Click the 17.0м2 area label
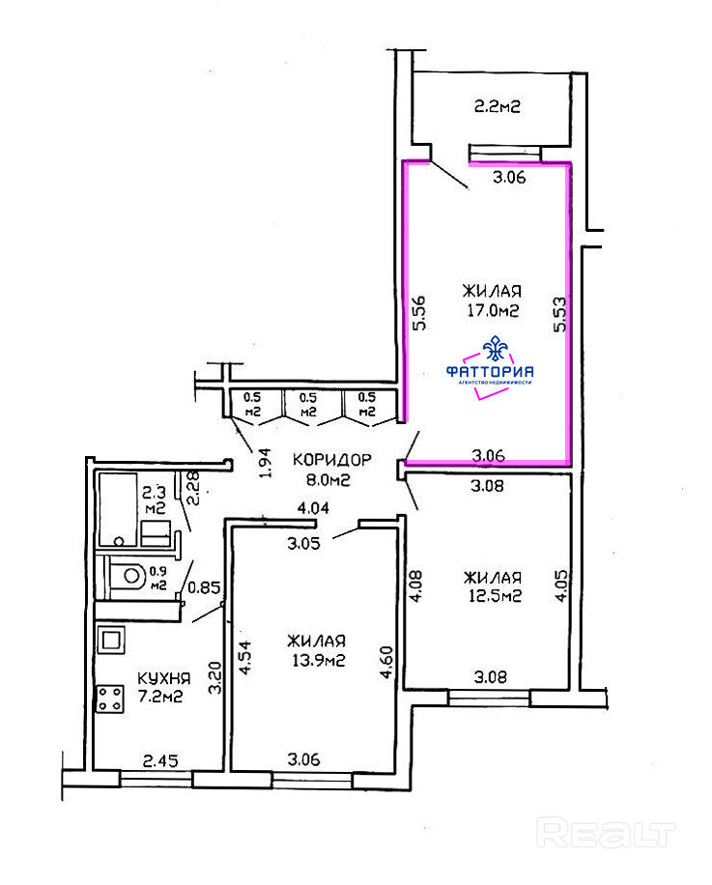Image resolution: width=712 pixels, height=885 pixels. click(493, 310)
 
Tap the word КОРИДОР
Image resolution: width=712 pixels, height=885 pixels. click(331, 460)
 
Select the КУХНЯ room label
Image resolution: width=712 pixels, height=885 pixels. click(163, 678)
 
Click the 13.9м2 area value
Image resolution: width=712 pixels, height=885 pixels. click(318, 659)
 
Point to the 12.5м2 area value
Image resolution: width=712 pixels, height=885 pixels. click(495, 595)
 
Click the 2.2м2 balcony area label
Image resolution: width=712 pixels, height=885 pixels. click(497, 106)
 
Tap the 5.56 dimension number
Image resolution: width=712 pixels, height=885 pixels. click(418, 313)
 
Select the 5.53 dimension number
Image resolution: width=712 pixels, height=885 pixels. click(559, 315)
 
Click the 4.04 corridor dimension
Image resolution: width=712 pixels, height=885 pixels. click(313, 508)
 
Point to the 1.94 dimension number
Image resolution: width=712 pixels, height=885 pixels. click(265, 463)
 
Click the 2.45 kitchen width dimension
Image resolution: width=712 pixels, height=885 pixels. click(160, 760)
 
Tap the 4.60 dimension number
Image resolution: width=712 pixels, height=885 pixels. click(386, 662)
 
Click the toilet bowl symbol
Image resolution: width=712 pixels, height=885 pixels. click(128, 576)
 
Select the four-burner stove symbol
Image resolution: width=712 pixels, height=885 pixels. click(110, 699)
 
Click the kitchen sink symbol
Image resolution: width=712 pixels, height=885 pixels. click(110, 640)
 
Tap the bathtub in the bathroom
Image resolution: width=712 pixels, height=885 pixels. click(118, 510)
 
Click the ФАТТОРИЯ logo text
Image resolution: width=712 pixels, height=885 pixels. click(490, 371)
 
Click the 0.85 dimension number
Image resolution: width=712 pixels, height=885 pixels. click(204, 587)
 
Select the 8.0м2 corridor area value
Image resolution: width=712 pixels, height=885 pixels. click(328, 480)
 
